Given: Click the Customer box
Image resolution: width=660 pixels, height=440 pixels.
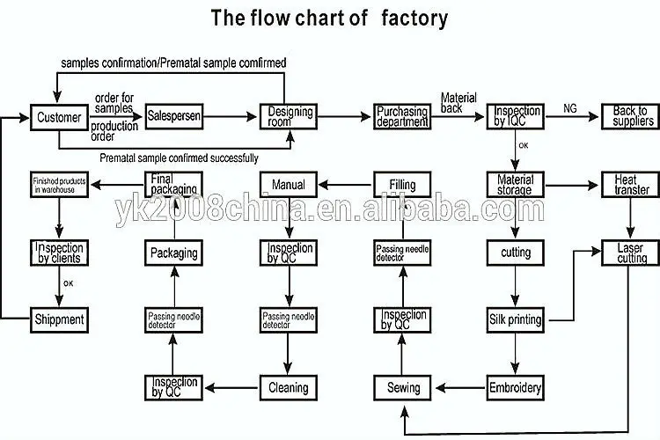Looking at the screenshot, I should (x=59, y=117).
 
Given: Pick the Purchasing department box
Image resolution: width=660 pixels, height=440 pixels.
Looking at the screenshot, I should (x=402, y=117).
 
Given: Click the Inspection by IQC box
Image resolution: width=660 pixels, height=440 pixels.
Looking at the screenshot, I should (x=517, y=117).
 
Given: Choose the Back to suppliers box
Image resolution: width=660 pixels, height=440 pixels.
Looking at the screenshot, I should (x=630, y=117).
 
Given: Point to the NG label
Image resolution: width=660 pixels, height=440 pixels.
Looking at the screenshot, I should (x=571, y=107).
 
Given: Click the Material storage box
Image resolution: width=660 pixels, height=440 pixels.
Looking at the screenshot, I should (x=516, y=186).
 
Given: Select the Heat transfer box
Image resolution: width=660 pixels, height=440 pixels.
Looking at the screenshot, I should (x=630, y=186).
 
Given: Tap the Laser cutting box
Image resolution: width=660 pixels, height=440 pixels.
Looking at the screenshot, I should (x=630, y=253).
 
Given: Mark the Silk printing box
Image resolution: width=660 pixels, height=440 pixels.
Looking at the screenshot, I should (x=516, y=318).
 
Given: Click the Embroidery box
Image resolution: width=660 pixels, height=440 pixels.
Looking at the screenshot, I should (x=516, y=387).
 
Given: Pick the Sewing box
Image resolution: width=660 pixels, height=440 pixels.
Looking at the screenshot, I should (x=403, y=387).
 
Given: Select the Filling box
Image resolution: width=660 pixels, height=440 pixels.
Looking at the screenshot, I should (x=402, y=186).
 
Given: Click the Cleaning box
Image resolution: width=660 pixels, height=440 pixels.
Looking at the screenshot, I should (x=288, y=387).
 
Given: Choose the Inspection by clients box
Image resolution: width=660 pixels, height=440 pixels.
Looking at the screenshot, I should (x=59, y=253).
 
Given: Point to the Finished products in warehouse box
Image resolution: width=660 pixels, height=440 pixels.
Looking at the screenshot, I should (x=59, y=186).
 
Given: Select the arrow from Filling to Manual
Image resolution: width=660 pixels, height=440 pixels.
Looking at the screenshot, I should (x=345, y=186).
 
